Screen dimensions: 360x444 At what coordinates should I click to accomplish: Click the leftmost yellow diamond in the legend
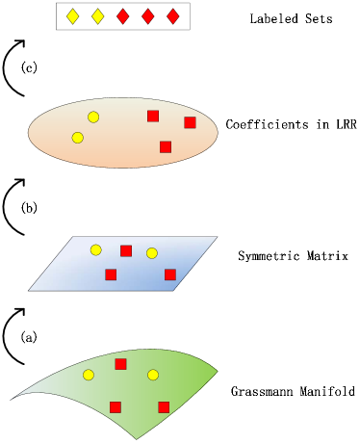[x=72, y=16]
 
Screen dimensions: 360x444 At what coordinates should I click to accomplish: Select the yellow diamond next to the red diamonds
[x=97, y=16]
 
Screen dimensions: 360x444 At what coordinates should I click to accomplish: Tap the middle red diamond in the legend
[x=147, y=16]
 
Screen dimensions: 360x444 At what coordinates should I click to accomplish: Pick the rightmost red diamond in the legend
[x=172, y=16]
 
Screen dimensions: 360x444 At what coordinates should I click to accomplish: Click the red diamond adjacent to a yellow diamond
[x=122, y=16]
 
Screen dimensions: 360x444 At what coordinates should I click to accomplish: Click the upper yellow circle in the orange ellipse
[x=93, y=117]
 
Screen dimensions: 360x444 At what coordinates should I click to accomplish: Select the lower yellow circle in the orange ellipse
[x=78, y=138]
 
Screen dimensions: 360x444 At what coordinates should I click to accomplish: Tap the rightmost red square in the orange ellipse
[x=190, y=122]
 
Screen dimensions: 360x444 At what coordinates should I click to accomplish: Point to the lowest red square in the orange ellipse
[x=166, y=146]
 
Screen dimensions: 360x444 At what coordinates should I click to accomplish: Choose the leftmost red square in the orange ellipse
[x=153, y=116]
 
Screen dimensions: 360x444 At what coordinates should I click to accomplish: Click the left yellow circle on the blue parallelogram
[x=95, y=249]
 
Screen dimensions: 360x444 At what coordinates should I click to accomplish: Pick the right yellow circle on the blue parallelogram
[x=152, y=253]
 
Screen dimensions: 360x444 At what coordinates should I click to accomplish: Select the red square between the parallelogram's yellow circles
[x=126, y=250]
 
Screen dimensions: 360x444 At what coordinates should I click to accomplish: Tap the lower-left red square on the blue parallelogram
[x=111, y=274]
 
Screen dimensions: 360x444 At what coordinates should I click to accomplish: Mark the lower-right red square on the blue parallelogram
[x=170, y=274]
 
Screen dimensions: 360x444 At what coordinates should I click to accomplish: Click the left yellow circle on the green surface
[x=89, y=375]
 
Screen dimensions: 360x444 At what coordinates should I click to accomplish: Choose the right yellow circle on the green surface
[x=153, y=375]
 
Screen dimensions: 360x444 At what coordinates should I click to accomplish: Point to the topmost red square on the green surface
[x=120, y=364]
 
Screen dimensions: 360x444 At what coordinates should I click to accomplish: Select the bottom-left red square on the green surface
[x=116, y=406]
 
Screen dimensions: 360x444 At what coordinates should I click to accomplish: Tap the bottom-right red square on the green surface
[x=164, y=406]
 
